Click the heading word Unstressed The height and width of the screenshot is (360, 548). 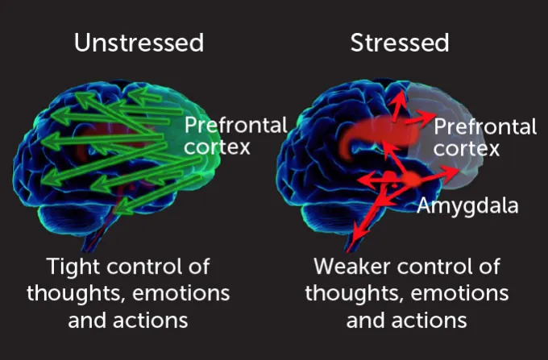[139, 43]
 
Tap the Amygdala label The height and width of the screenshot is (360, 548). [467, 206]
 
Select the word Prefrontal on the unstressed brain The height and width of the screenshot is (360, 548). [235, 125]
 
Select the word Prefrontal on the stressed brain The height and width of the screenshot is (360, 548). [485, 126]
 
